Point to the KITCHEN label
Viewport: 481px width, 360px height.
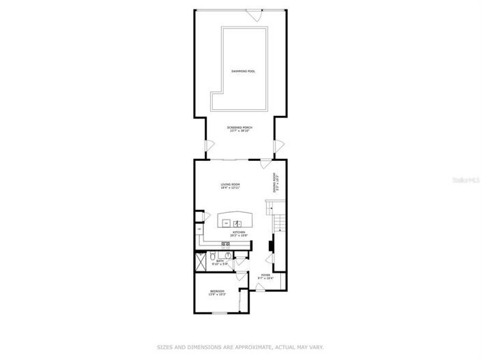[239, 234]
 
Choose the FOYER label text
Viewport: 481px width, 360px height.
[265, 276]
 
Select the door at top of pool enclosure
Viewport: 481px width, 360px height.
[253, 13]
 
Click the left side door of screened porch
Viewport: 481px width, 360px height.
[210, 147]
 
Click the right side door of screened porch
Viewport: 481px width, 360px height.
[278, 147]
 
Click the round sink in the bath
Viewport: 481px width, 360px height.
[228, 256]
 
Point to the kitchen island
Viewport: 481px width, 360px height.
[235, 222]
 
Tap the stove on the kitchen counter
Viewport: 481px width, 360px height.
[224, 244]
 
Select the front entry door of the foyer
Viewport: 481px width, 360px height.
[260, 288]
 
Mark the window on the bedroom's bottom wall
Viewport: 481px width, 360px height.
[218, 313]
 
